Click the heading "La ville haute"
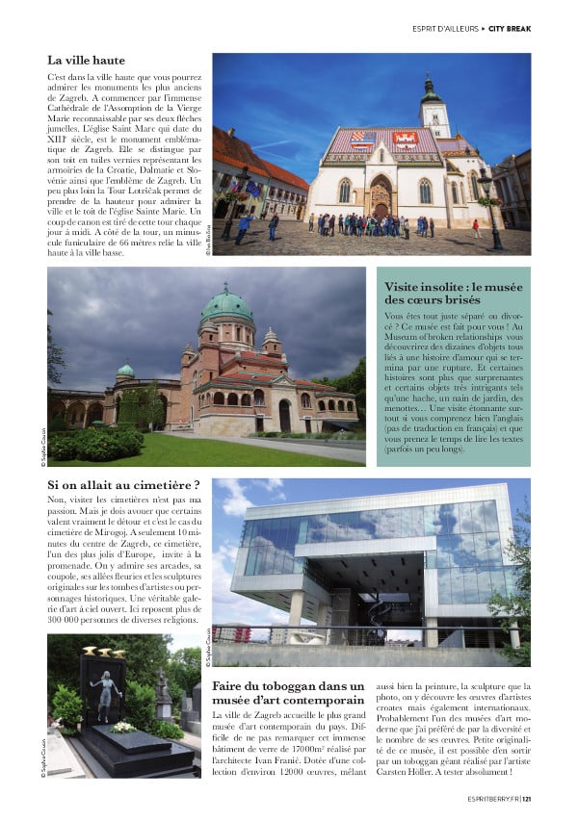point(86,61)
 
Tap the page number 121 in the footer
point(525,796)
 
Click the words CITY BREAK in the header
point(510,29)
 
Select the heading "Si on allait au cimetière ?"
point(123,484)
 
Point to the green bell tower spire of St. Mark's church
point(431,90)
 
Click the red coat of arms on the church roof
point(405,140)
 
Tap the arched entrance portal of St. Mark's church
point(380,199)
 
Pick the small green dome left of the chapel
point(126,371)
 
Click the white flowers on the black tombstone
point(122,728)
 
